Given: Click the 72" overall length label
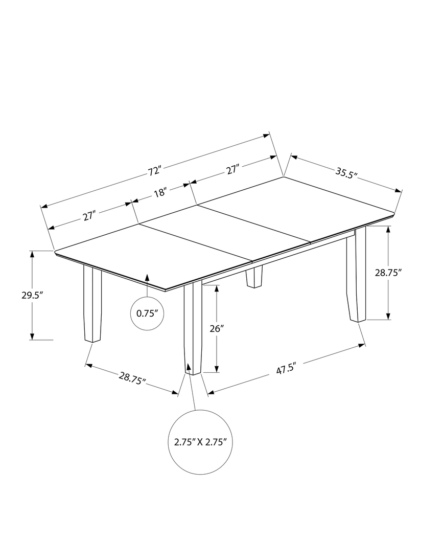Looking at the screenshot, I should [155, 170].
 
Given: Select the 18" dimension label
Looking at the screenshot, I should [160, 193].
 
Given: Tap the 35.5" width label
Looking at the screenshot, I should [346, 173].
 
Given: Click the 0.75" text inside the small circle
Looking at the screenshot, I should [147, 314].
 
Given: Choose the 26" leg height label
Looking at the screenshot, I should [217, 329].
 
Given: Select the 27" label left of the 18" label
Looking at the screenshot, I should [89, 216].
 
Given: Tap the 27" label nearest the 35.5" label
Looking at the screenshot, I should [232, 169].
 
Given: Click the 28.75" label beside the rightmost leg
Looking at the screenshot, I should [388, 273].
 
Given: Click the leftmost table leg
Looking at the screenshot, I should [92, 304].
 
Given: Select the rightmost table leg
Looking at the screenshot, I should [357, 276].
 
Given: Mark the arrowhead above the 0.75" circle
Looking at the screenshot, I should [147, 278].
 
